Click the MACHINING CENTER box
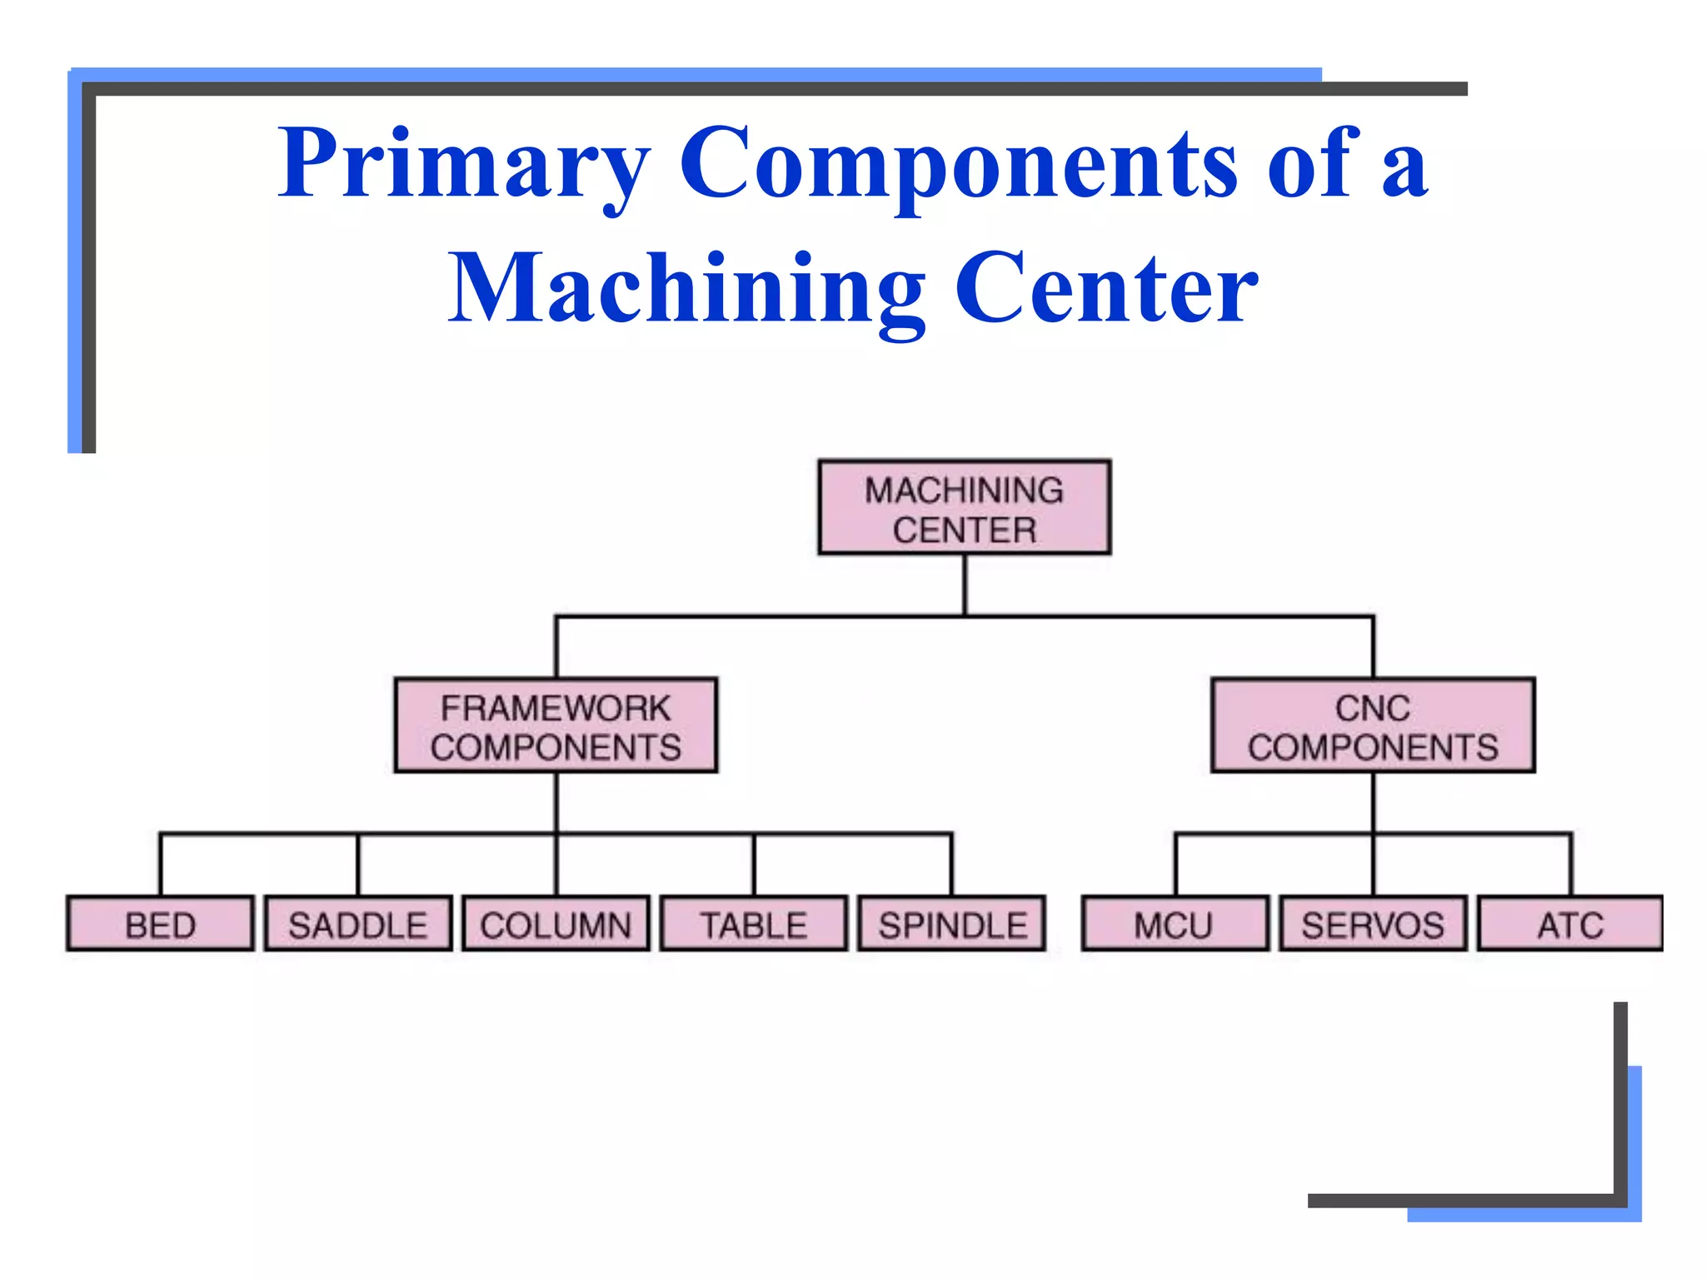click(964, 507)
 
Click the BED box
click(160, 924)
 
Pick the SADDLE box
click(358, 924)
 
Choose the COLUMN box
click(556, 924)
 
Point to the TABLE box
click(753, 924)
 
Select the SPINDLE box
click(952, 924)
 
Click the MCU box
click(1175, 924)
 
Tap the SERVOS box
click(1373, 924)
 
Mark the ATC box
click(1570, 924)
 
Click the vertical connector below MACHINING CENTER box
click(965, 585)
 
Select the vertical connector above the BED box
click(160, 864)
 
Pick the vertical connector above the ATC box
click(1571, 864)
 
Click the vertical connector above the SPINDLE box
click(952, 864)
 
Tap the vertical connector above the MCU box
click(1175, 864)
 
